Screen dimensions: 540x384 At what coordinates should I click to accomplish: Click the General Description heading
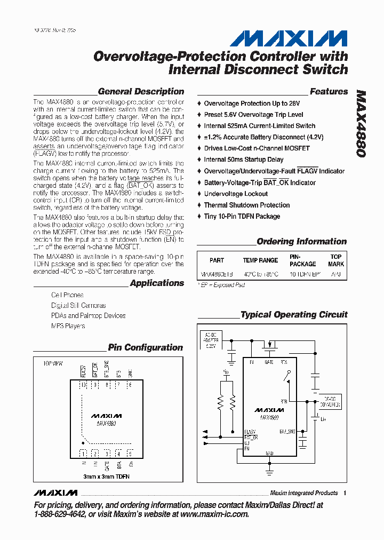(141, 92)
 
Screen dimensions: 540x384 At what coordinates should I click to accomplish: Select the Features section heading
(329, 92)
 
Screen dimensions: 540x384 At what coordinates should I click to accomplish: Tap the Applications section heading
(157, 283)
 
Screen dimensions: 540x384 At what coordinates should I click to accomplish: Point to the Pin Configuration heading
(145, 348)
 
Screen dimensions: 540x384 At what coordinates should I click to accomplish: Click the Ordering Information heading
(301, 242)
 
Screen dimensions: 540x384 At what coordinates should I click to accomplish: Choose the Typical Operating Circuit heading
(294, 315)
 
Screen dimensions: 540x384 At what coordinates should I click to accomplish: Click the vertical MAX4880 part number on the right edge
(361, 123)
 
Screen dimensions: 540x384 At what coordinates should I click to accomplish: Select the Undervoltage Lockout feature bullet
(236, 194)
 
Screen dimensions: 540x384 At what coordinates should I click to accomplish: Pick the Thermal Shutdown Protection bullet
(246, 205)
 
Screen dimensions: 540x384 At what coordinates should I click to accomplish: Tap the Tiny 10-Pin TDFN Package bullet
(242, 216)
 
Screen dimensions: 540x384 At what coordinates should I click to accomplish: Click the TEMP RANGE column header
(260, 260)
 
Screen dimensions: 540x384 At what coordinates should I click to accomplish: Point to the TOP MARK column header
(336, 260)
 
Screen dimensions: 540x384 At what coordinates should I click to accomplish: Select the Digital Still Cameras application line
(78, 305)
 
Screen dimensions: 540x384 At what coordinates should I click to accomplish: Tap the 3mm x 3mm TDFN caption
(106, 476)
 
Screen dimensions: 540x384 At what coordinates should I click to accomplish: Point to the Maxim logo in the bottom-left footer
(55, 493)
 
